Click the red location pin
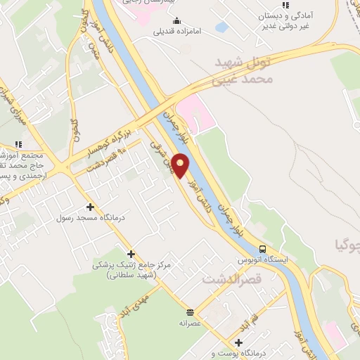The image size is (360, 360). click(x=181, y=165)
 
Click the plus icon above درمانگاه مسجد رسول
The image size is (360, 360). click(x=90, y=207)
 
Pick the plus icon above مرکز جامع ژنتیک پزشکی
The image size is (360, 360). click(x=131, y=254)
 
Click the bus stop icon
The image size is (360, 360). click(x=262, y=248)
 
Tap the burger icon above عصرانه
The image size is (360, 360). click(x=190, y=311)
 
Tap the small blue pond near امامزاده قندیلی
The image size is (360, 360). click(x=221, y=27)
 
